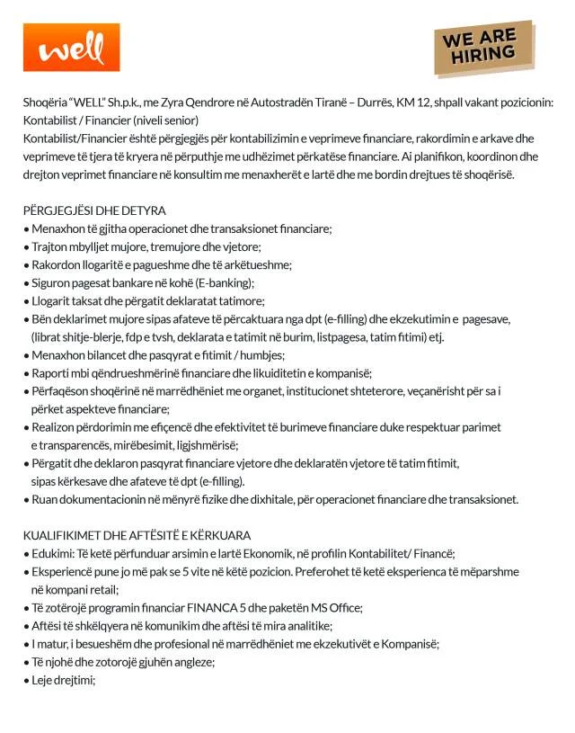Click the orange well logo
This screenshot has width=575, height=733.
(x=71, y=48)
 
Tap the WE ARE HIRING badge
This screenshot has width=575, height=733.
(x=483, y=48)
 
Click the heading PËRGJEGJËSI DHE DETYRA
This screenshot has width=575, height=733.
(x=94, y=210)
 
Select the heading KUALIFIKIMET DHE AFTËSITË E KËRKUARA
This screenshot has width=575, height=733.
(x=137, y=535)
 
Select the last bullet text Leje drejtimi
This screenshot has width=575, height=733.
(x=64, y=680)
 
